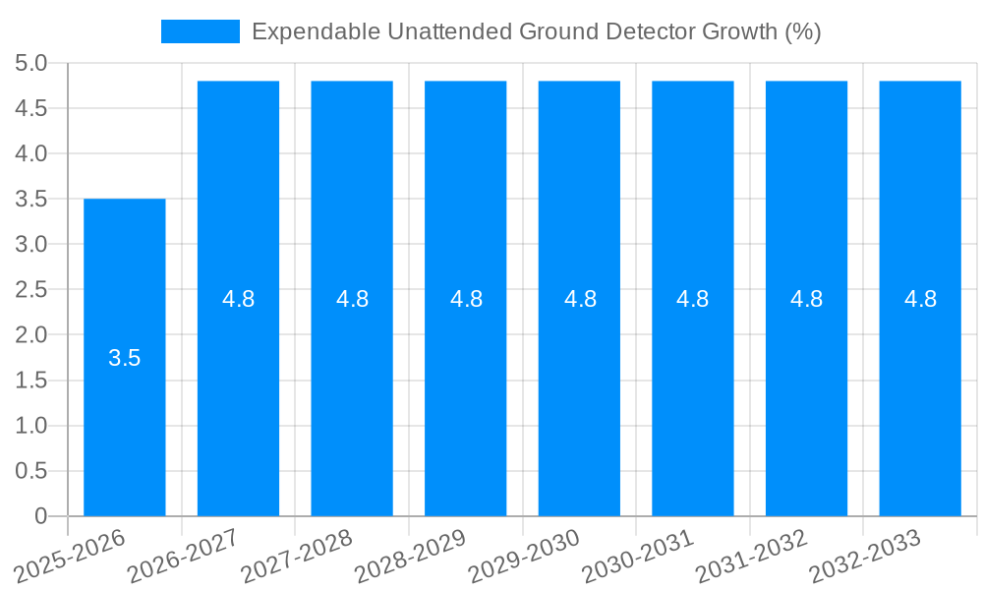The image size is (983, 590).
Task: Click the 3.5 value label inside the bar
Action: [124, 359]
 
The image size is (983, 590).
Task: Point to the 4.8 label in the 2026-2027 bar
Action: [238, 300]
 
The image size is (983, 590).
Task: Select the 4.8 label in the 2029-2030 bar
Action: [580, 300]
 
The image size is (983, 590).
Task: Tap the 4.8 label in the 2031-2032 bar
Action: [807, 300]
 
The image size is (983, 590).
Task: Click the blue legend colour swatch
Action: [200, 31]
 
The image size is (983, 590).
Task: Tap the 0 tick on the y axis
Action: [40, 516]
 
